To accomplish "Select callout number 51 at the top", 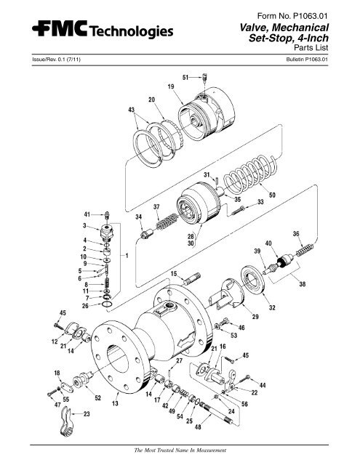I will point(185,76).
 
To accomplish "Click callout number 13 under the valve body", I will point(115,403).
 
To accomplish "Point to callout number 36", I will point(296,234).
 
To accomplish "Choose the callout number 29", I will point(255,318).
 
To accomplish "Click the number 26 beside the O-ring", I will point(86,306).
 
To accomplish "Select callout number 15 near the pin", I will point(175,273).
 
